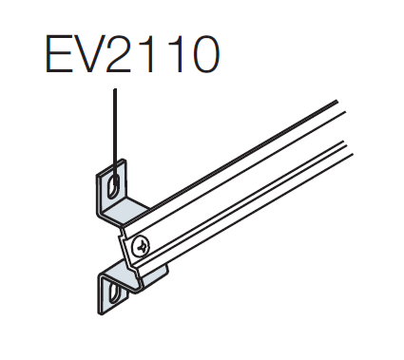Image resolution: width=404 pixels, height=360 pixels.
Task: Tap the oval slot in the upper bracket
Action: click(x=113, y=186)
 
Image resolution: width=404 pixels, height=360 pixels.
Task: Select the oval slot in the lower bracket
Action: click(x=114, y=292)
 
